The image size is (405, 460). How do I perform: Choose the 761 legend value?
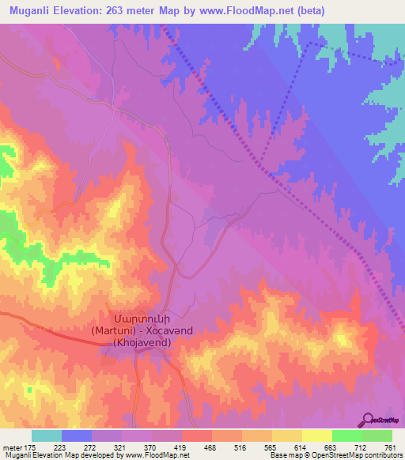pos(390,448)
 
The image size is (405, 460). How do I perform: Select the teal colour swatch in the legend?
pos(47,436)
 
